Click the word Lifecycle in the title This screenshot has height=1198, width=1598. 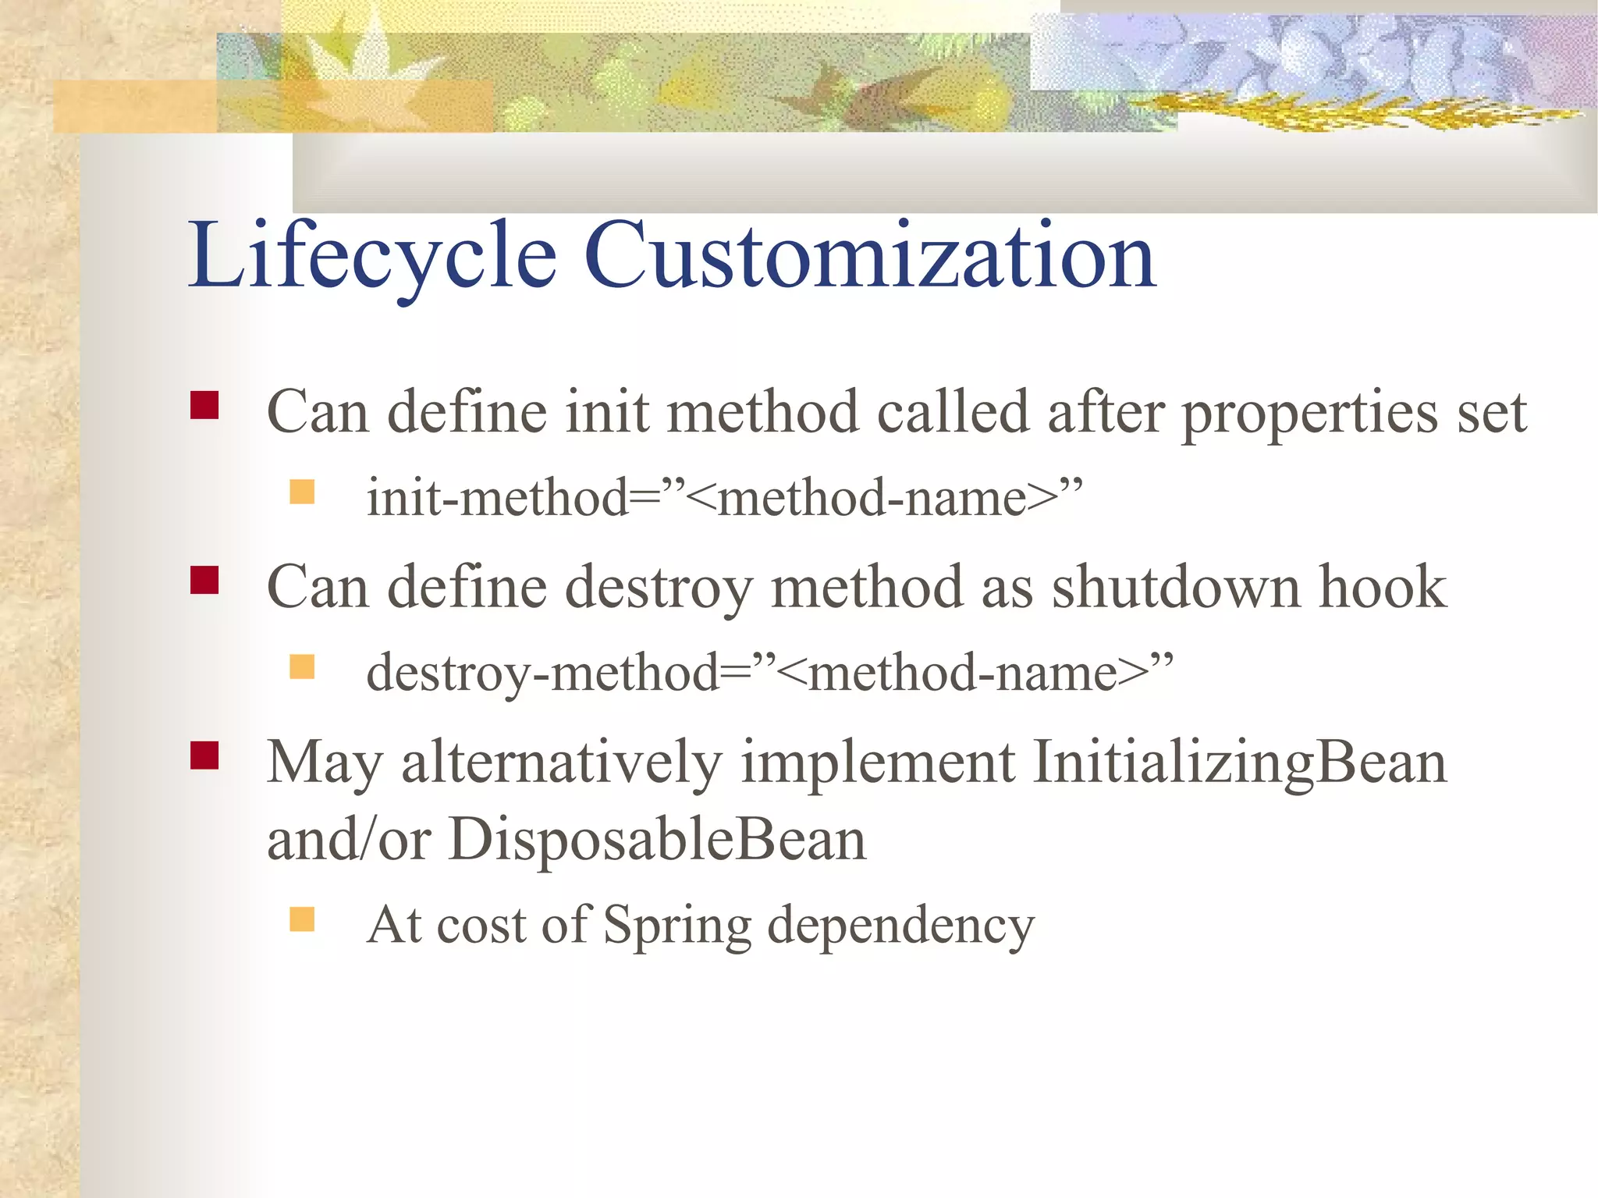(372, 256)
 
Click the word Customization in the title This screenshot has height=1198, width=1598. (869, 256)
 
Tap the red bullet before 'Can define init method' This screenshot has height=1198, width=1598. (204, 406)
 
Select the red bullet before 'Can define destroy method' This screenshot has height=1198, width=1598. (204, 581)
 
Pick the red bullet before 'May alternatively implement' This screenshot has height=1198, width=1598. (204, 755)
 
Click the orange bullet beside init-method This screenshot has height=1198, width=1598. (302, 492)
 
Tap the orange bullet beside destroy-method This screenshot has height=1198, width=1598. (302, 667)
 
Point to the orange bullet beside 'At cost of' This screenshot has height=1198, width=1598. (302, 919)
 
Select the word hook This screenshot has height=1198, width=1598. (1382, 587)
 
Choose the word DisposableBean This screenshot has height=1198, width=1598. (657, 840)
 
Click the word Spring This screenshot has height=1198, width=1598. (676, 927)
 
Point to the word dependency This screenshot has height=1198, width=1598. (900, 927)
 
